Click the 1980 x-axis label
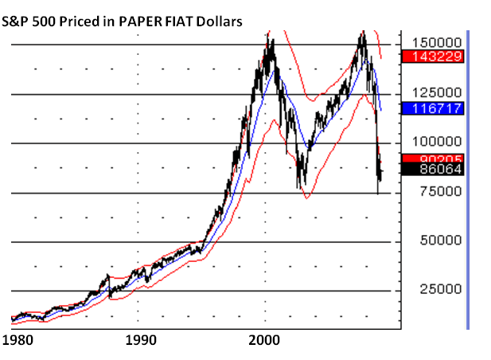(17, 341)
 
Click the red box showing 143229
(433, 57)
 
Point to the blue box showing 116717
(433, 107)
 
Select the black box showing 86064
(433, 169)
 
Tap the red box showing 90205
(433, 158)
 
